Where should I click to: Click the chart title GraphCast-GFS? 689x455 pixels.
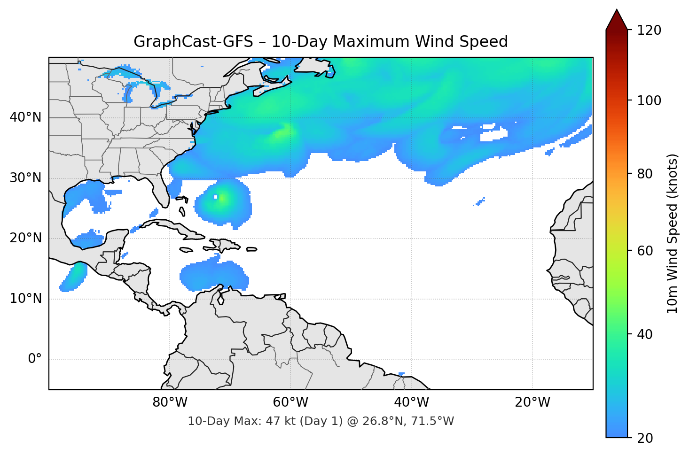tap(321, 42)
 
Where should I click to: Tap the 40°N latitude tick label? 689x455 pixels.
tap(25, 117)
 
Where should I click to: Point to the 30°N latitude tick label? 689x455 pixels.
tap(25, 178)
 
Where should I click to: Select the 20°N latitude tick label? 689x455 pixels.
tap(25, 238)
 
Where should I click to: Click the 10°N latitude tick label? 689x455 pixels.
tap(25, 299)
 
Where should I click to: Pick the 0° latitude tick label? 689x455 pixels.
tap(35, 359)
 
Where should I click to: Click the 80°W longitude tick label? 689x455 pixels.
tap(170, 402)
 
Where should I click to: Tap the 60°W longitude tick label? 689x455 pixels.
tap(290, 402)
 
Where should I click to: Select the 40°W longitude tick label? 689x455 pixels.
tap(411, 402)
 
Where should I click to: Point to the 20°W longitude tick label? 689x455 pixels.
tap(532, 402)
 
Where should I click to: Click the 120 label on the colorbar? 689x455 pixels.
tap(649, 31)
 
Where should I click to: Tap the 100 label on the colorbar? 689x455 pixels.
tap(649, 100)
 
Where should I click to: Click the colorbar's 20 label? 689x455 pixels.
tap(646, 438)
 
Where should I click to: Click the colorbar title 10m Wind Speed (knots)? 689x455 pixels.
tap(673, 233)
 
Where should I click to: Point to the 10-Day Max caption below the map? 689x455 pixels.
tap(321, 421)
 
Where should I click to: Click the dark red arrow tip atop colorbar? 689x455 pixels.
tap(617, 19)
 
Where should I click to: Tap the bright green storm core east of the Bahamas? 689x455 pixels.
tap(222, 198)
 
